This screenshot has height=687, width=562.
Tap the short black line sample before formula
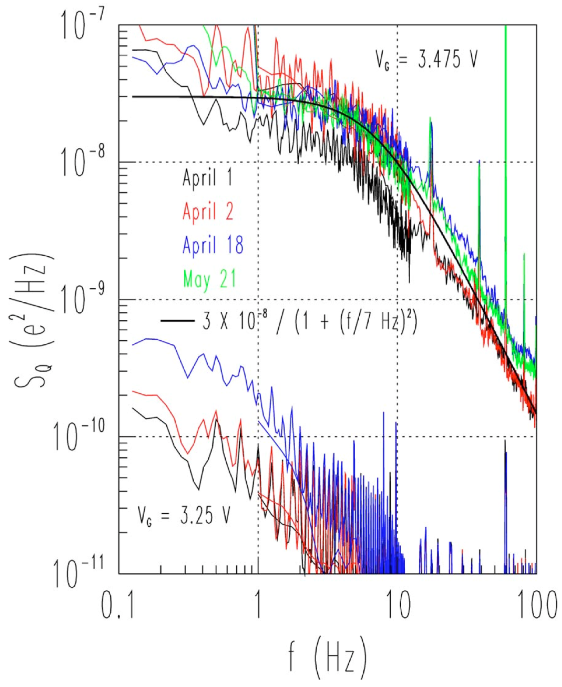177,321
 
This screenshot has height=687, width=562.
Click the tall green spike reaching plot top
506,97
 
